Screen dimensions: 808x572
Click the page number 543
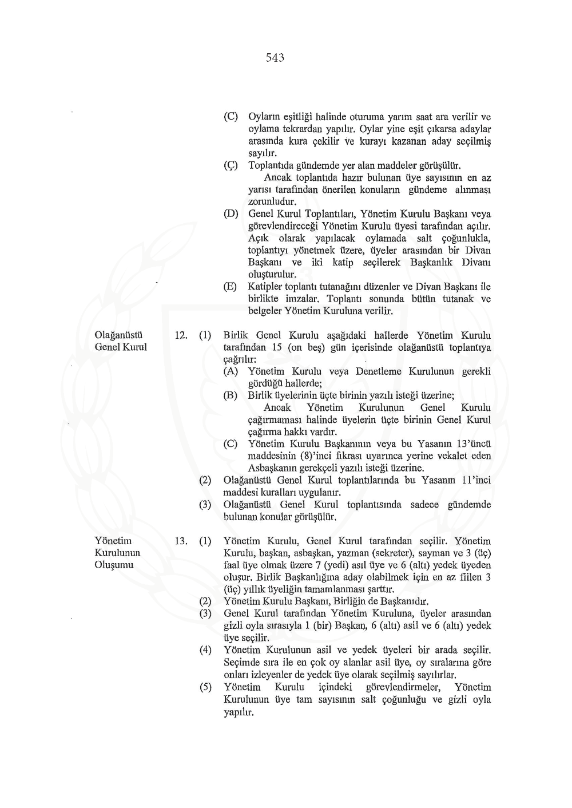[275, 58]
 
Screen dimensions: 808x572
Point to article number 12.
[181, 335]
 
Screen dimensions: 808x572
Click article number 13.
[181, 541]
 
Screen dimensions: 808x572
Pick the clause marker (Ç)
[231, 165]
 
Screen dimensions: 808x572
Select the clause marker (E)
[231, 287]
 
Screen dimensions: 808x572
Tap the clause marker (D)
[231, 214]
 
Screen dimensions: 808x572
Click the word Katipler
[265, 287]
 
